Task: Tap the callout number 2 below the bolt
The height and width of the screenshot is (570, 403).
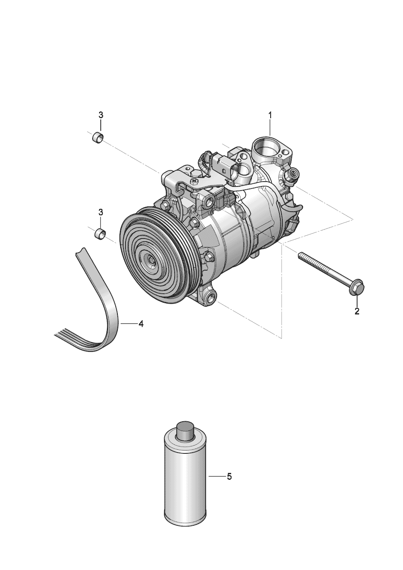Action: tap(357, 312)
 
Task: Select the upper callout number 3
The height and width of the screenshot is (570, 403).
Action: tap(101, 115)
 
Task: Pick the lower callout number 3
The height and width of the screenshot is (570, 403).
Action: tap(101, 212)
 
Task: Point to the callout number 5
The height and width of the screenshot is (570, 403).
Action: tap(229, 477)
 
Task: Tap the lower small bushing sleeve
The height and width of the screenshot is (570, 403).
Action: tap(100, 234)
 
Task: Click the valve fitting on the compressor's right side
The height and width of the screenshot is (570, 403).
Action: tap(292, 175)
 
